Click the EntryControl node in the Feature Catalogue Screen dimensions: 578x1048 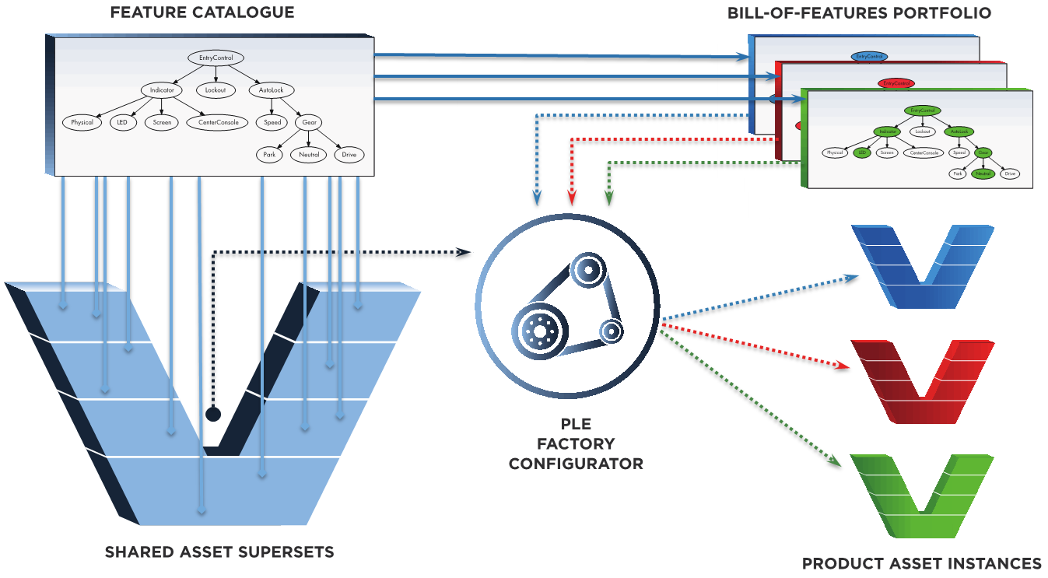click(216, 58)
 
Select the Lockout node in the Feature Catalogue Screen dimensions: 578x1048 click(216, 90)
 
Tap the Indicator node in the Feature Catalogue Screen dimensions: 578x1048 click(162, 90)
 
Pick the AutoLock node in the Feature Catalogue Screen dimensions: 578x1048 click(272, 90)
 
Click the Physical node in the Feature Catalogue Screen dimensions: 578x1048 click(82, 122)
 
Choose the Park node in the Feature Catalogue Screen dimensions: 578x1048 click(269, 155)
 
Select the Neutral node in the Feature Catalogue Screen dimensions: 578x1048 click(309, 155)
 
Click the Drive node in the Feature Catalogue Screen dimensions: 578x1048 click(349, 155)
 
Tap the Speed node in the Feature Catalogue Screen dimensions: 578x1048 click(272, 122)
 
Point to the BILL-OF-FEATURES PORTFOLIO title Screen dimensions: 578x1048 click(860, 13)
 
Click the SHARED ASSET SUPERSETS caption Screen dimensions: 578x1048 click(219, 552)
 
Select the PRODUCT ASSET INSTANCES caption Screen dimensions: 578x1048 click(922, 563)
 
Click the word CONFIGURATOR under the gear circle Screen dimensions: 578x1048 click(576, 464)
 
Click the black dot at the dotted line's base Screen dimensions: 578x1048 click(212, 414)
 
